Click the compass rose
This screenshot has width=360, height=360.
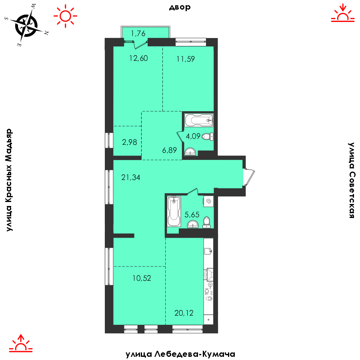pyautogui.click(x=26, y=26)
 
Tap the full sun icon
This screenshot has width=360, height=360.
pyautogui.click(x=66, y=16)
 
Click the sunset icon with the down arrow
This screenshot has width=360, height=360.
pyautogui.click(x=343, y=13)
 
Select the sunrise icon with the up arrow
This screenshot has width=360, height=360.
pyautogui.click(x=21, y=343)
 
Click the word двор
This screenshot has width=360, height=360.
pyautogui.click(x=180, y=7)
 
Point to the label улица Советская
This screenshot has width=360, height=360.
pyautogui.click(x=351, y=180)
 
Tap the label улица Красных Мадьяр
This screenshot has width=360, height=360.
pyautogui.click(x=9, y=180)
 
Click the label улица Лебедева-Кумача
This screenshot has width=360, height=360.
pyautogui.click(x=180, y=354)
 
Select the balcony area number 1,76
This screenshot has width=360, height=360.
pyautogui.click(x=138, y=34)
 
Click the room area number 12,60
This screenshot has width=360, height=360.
pyautogui.click(x=138, y=58)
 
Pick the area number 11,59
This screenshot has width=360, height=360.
pyautogui.click(x=186, y=59)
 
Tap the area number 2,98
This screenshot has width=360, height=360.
pyautogui.click(x=130, y=142)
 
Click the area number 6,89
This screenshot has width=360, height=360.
pyautogui.click(x=170, y=150)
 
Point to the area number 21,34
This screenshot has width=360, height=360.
pyautogui.click(x=131, y=178)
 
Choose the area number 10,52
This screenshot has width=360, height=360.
pyautogui.click(x=142, y=278)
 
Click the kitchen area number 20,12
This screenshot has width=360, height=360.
pyautogui.click(x=184, y=313)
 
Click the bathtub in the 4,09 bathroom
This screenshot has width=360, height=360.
pyautogui.click(x=199, y=120)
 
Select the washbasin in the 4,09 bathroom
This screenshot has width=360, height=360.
pyautogui.click(x=190, y=152)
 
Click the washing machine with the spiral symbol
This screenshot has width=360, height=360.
pyautogui.click(x=208, y=201)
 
